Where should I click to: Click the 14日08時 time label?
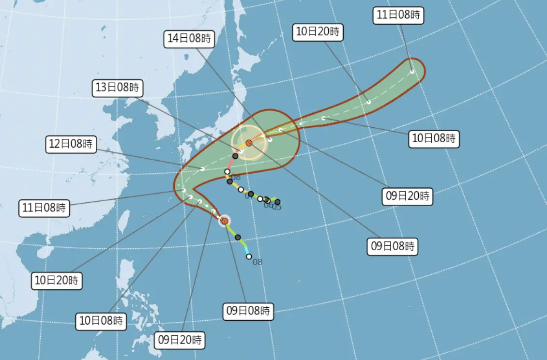point(189,39)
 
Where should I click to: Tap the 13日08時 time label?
point(116,88)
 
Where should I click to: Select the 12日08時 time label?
point(71,144)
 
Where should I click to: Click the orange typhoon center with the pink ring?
point(225,221)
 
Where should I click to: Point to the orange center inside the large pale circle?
point(249,143)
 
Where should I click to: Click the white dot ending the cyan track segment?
point(249,256)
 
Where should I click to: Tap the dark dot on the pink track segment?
point(235,156)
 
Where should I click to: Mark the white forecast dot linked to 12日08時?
point(202,169)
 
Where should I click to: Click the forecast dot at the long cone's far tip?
point(412,72)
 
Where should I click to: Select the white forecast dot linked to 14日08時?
point(270,139)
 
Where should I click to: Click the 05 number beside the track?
point(277,208)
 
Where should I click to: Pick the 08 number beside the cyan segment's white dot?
point(258,262)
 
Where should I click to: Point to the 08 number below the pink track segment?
point(236,177)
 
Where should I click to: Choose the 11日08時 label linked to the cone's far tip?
point(399,15)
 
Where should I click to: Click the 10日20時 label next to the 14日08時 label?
point(319,32)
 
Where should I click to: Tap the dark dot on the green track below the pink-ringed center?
point(238,237)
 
